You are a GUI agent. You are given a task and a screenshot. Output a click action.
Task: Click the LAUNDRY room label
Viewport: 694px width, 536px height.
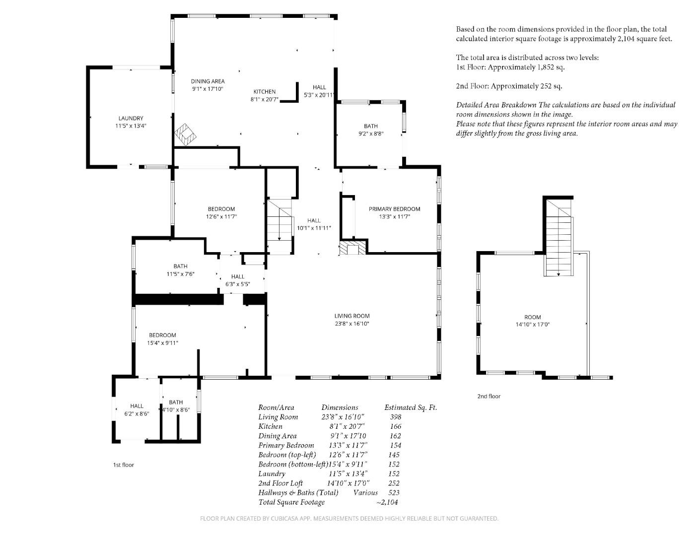tap(131, 118)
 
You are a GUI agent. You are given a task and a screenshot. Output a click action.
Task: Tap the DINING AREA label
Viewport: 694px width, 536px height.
tap(208, 81)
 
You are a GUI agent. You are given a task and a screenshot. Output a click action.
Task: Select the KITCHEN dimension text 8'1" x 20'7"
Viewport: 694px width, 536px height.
tap(265, 99)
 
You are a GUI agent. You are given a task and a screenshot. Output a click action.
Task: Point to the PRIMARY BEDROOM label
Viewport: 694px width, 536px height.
tap(395, 209)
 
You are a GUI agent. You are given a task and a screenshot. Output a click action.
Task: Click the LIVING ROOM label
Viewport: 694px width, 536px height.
tap(352, 316)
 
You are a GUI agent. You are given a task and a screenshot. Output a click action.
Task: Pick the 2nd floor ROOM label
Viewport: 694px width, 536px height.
tap(532, 317)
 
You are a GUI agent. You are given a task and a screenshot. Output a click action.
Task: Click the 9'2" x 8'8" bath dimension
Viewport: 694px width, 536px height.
tap(371, 134)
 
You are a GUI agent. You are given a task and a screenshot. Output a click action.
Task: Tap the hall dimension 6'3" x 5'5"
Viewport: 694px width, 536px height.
tap(238, 284)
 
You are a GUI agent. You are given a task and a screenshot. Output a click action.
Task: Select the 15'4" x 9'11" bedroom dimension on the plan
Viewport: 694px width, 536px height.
tap(162, 343)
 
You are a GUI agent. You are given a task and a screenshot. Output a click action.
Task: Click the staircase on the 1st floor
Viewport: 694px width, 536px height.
tap(280, 227)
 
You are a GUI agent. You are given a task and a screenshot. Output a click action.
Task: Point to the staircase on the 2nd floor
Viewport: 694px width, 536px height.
tap(559, 238)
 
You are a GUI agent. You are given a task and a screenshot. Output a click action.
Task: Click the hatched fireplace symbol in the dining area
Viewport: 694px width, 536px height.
tap(185, 134)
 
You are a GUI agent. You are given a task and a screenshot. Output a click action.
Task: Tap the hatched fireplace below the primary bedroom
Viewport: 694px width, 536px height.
tap(352, 248)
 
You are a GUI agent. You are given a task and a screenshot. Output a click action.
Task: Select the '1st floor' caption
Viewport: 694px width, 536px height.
tap(123, 465)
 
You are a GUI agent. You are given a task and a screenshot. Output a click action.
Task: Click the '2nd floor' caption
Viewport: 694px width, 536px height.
tap(488, 396)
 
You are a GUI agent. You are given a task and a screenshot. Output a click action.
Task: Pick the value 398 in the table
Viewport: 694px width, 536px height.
tap(395, 416)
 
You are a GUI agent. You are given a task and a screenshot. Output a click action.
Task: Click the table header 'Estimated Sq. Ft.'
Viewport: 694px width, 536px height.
tap(411, 407)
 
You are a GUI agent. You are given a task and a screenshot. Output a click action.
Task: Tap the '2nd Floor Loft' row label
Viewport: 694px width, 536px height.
tap(280, 483)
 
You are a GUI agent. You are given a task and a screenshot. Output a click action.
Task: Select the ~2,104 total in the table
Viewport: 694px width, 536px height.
tap(387, 502)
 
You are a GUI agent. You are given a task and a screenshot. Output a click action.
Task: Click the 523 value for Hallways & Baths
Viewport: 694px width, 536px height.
tap(394, 493)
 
